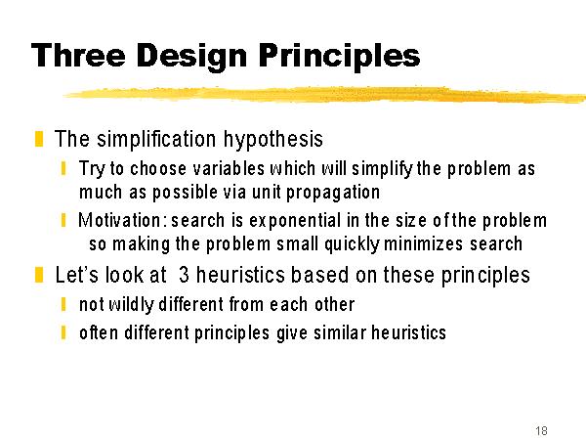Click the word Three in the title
78,55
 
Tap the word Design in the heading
191,57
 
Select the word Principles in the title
339,57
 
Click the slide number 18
541,430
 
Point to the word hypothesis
273,140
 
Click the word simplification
156,139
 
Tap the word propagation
333,194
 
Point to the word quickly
353,245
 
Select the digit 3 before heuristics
184,275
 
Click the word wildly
131,305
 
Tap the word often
99,332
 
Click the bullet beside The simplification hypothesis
39,139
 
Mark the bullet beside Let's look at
39,275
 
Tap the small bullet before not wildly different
63,304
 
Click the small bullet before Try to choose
63,168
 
